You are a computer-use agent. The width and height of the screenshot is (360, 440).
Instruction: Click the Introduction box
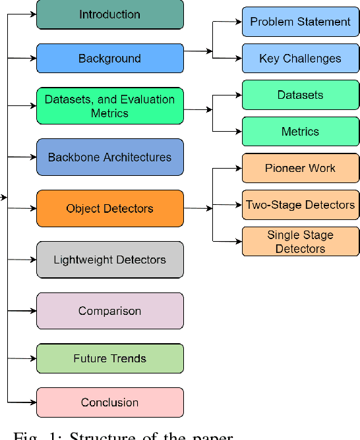[109, 14]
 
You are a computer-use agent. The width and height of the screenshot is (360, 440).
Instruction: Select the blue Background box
[109, 59]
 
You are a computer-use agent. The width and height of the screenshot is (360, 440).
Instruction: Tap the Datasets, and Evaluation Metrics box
[109, 106]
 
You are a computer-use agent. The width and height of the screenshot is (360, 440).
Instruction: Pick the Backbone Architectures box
[109, 157]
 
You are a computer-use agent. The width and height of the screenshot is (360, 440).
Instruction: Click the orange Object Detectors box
[109, 209]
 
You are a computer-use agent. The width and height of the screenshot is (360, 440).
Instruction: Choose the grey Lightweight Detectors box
[109, 260]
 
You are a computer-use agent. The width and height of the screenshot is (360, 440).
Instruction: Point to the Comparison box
[109, 311]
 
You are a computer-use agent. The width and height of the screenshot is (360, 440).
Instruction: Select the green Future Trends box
[109, 359]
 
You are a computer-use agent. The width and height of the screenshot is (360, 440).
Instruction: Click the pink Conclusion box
[109, 402]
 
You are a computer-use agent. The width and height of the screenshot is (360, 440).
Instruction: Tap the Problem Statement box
[300, 22]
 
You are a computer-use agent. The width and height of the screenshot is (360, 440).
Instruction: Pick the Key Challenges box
[300, 59]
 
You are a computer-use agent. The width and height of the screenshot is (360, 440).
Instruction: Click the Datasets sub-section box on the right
[300, 95]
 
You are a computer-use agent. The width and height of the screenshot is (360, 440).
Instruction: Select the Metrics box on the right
[300, 132]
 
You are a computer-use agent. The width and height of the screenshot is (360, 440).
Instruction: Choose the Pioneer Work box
[300, 168]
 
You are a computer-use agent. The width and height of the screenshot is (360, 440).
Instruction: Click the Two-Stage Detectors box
[300, 205]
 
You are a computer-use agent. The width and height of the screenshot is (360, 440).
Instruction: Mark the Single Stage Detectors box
[300, 242]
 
